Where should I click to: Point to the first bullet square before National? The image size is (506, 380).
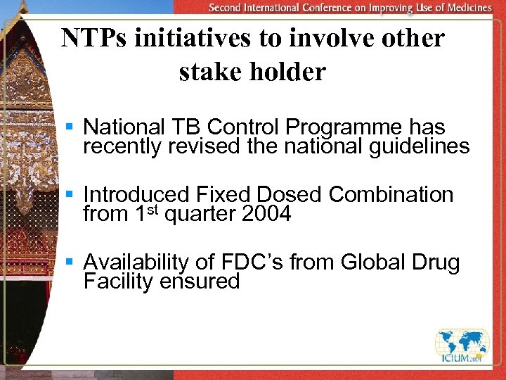coord(69,127)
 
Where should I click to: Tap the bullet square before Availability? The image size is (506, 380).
coord(69,262)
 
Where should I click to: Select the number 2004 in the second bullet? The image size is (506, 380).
coord(266,214)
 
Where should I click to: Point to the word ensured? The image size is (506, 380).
coord(200,282)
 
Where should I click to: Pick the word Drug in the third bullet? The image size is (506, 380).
coord(436,262)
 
